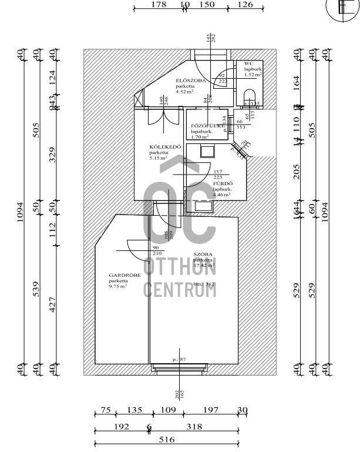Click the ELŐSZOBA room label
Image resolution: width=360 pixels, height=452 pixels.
coord(191,81)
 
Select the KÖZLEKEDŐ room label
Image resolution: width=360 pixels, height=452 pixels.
coord(161,148)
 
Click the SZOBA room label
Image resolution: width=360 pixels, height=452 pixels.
coord(203,255)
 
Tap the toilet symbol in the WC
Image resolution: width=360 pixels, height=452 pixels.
coord(249,96)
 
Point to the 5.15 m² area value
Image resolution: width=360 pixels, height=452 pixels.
coord(159,158)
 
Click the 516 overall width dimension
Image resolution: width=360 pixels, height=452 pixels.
coord(166,439)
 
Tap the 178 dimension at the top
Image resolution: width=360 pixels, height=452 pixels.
coord(159,5)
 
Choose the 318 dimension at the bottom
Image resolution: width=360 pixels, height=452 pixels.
coord(194,427)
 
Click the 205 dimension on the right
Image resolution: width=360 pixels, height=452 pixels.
coord(297,172)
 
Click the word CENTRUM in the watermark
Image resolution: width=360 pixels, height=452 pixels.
coord(180,289)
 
